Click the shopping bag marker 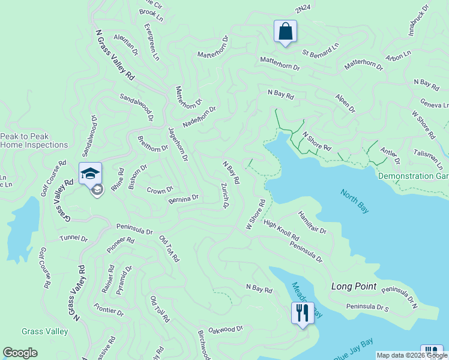pyautogui.click(x=285, y=31)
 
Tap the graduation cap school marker pyautogui.click(x=90, y=173)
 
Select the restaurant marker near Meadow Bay pyautogui.click(x=302, y=313)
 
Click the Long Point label pyautogui.click(x=354, y=287)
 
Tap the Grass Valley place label pyautogui.click(x=44, y=331)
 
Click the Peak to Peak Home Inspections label pyautogui.click(x=34, y=140)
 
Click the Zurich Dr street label pyautogui.click(x=225, y=196)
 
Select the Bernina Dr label pyautogui.click(x=183, y=198)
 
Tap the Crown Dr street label pyautogui.click(x=160, y=190)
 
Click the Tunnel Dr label pyautogui.click(x=73, y=238)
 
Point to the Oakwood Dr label pyautogui.click(x=225, y=329)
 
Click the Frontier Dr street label pyautogui.click(x=109, y=310)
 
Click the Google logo pyautogui.click(x=20, y=353)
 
